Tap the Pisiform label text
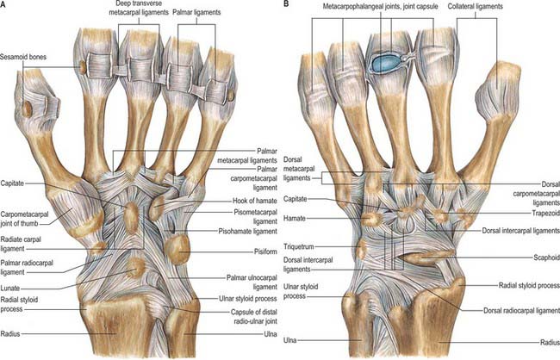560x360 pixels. (265, 251)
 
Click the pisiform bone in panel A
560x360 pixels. (178, 249)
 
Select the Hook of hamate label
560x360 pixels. (255, 201)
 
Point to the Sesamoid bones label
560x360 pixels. (23, 57)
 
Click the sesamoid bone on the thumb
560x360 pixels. (28, 109)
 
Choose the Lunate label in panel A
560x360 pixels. (10, 288)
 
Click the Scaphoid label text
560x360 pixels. (547, 258)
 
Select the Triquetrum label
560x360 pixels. (299, 246)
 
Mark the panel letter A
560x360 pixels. (3, 5)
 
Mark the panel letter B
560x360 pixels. (286, 5)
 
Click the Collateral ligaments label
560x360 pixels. (475, 6)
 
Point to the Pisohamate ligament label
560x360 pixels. (248, 231)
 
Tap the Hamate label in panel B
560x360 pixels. (295, 218)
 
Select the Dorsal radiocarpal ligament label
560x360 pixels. (522, 310)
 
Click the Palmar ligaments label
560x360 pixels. (196, 12)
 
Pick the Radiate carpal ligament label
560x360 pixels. (21, 244)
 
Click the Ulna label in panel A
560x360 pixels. (270, 334)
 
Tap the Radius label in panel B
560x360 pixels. (550, 342)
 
